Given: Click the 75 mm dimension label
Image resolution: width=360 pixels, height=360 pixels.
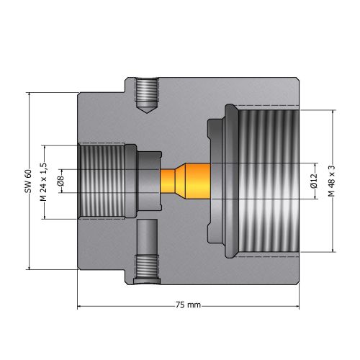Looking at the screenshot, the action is point(188,305).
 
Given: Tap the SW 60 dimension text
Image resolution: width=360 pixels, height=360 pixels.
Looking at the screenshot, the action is point(28,181).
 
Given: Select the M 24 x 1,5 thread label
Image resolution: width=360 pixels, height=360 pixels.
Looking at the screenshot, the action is point(43,182).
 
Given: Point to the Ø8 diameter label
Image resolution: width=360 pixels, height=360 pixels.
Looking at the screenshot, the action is point(61,181).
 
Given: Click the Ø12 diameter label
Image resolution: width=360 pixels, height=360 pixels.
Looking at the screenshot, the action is point(314,181).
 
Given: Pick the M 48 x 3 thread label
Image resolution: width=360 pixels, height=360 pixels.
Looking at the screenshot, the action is point(332,181).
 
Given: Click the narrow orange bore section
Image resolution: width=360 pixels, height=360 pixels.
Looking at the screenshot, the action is point(168,181).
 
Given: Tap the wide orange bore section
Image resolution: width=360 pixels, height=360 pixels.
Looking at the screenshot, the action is point(198,181).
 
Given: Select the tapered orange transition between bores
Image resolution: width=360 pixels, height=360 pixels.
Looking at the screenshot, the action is point(181,181).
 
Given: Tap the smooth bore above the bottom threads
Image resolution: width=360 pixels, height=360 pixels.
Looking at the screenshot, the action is point(147,237).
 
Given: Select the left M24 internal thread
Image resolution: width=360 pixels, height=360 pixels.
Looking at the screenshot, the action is point(102,181).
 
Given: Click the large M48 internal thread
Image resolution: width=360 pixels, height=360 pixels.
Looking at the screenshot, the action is point(269,181).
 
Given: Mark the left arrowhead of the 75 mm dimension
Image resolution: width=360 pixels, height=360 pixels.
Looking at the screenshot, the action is point(79,306).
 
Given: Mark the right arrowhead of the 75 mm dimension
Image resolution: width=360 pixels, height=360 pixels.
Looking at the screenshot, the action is point(297,306).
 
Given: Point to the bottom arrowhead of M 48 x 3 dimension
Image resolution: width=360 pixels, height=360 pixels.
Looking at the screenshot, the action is point(333,250).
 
